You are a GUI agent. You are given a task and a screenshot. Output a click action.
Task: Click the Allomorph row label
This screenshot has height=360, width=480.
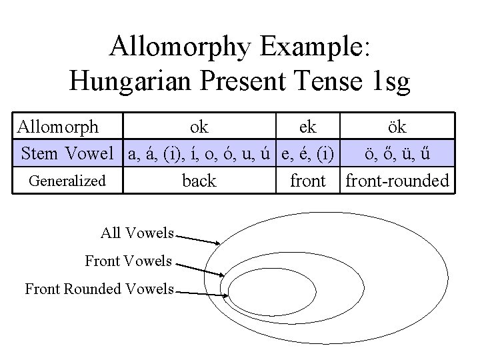point(58,126)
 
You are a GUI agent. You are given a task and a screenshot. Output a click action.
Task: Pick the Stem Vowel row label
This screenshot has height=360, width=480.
point(68,154)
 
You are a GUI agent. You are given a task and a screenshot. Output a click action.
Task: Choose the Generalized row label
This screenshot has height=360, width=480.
point(68,181)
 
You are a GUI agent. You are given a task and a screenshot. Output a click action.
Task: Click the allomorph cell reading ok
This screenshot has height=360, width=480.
point(199,126)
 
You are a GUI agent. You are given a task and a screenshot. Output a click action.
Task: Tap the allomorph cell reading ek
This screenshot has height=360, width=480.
point(307,126)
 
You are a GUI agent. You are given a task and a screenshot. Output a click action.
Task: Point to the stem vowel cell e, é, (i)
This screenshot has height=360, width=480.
point(307,154)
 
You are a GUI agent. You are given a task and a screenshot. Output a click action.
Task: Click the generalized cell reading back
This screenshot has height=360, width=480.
point(199,181)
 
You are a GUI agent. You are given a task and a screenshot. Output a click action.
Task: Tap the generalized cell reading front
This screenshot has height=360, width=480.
point(307,181)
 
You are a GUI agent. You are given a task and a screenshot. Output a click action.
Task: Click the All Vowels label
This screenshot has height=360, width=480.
point(137,233)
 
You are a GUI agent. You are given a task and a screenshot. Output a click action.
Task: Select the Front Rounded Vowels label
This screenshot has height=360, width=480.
point(99,289)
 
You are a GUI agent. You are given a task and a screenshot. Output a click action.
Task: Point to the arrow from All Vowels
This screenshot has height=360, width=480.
point(198,238)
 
